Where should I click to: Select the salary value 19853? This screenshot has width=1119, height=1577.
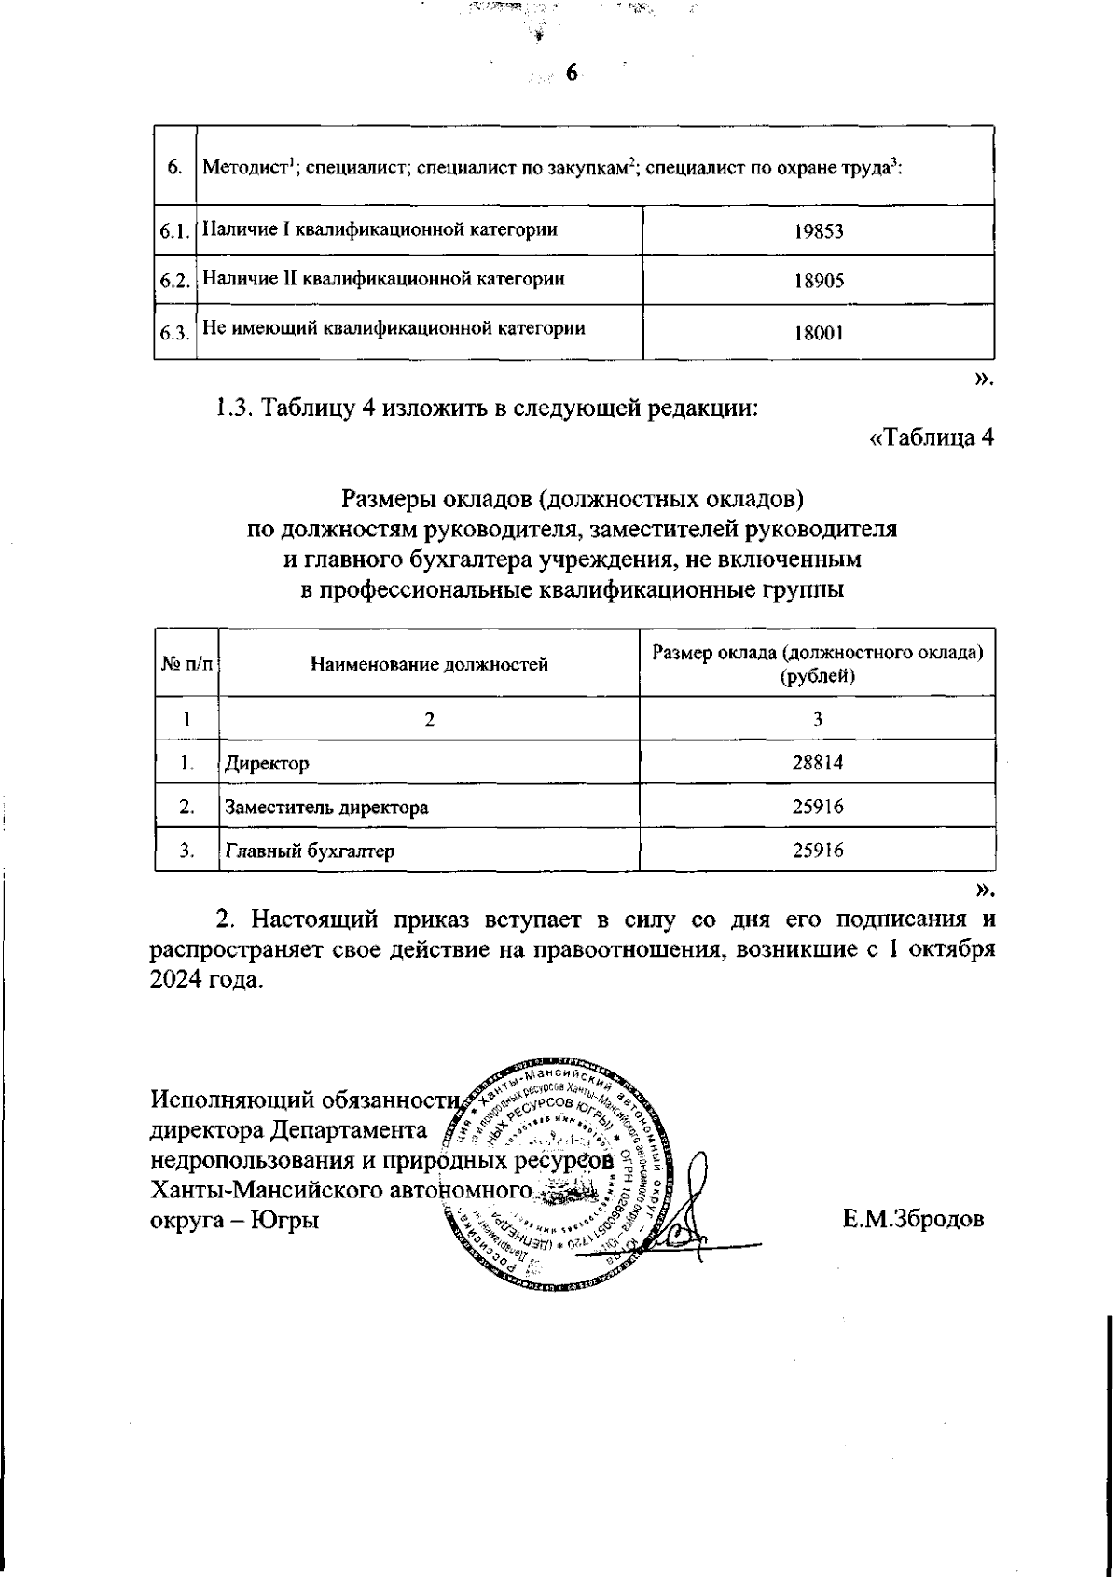(x=818, y=231)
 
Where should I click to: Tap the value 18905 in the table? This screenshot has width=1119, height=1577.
(x=818, y=281)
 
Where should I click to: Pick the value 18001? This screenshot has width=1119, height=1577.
(x=818, y=331)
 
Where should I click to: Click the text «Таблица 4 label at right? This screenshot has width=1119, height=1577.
(x=930, y=437)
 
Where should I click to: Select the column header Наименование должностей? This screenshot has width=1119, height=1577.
(x=429, y=664)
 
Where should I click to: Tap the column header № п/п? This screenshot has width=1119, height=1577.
(x=186, y=664)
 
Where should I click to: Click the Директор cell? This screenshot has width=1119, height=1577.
(x=267, y=764)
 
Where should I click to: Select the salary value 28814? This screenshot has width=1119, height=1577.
(x=817, y=763)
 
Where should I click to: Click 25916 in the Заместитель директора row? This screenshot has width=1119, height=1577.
(x=817, y=807)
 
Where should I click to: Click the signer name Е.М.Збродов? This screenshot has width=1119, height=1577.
(x=913, y=1219)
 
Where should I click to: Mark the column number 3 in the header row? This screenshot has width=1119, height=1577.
(x=817, y=719)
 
